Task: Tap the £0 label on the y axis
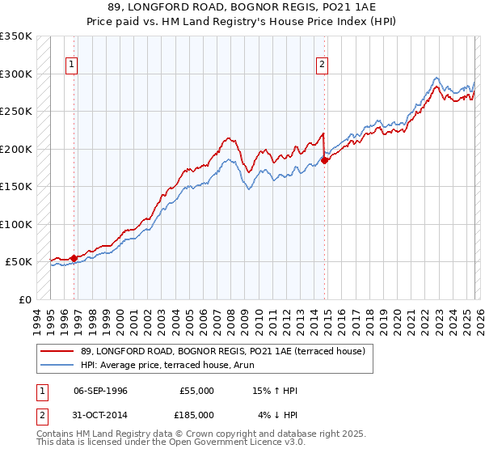coord(25,299)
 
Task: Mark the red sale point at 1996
coord(74,258)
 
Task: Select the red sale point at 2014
coord(324,160)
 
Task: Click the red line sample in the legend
coord(57,351)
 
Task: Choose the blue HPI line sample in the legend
coord(57,365)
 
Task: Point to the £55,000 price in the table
coord(196,391)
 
